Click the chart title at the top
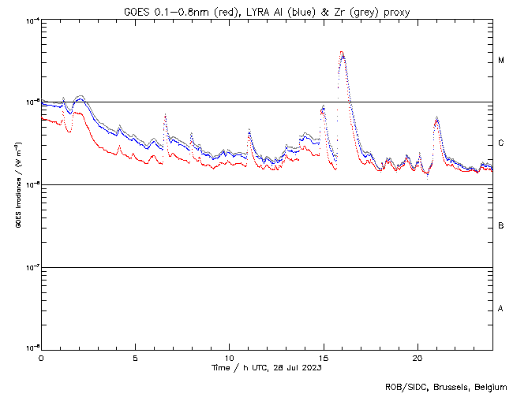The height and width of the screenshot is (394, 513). [x=267, y=12]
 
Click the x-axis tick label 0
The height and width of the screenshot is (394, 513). [x=41, y=358]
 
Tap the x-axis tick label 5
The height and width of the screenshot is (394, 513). [x=135, y=358]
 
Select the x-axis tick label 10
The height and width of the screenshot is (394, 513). [x=230, y=358]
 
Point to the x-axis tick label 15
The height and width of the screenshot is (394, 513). [x=324, y=358]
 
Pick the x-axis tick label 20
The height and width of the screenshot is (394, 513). [x=418, y=358]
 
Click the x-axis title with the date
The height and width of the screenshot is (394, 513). [x=267, y=367]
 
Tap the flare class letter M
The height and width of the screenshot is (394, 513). [x=501, y=61]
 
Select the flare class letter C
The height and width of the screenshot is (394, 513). [x=501, y=143]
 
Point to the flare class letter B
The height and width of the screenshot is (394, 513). [x=501, y=226]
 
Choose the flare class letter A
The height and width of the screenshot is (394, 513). [x=501, y=308]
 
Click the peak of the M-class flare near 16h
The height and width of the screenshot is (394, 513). [x=342, y=52]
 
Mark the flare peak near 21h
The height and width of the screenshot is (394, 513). [x=436, y=117]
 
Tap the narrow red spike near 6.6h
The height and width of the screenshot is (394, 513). [x=165, y=115]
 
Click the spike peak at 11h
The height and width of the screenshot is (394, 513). [x=249, y=129]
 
